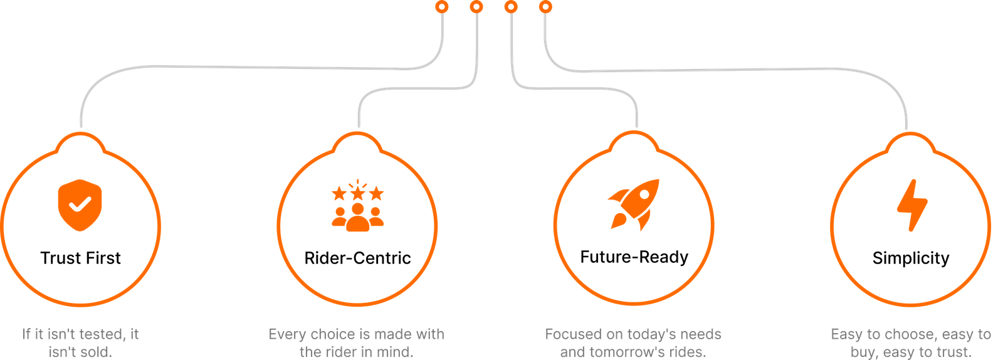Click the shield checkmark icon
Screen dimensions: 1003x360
(80, 205)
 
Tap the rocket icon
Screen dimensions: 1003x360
(634, 205)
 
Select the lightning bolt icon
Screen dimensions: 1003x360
(912, 206)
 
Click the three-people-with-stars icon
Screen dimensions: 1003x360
(358, 205)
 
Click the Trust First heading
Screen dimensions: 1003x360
(81, 258)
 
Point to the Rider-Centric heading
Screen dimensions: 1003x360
(357, 258)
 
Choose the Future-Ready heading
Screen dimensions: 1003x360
(634, 257)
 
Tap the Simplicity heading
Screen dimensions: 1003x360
(911, 258)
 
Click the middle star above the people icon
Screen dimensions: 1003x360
(358, 193)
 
